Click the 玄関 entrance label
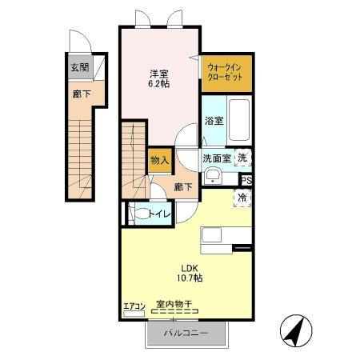80,67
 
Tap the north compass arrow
296,330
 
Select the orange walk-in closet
226,74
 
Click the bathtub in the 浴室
239,121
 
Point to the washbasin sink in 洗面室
213,176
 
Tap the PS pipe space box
246,181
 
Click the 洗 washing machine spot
242,158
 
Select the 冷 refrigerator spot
242,198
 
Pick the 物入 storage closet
160,160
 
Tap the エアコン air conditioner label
134,306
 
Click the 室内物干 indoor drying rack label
174,304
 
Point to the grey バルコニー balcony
186,333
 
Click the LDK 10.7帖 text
190,274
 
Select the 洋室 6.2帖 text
159,79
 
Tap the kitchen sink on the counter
211,236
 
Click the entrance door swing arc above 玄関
85,36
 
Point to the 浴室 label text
214,121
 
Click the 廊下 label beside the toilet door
183,187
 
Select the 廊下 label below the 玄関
82,94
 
